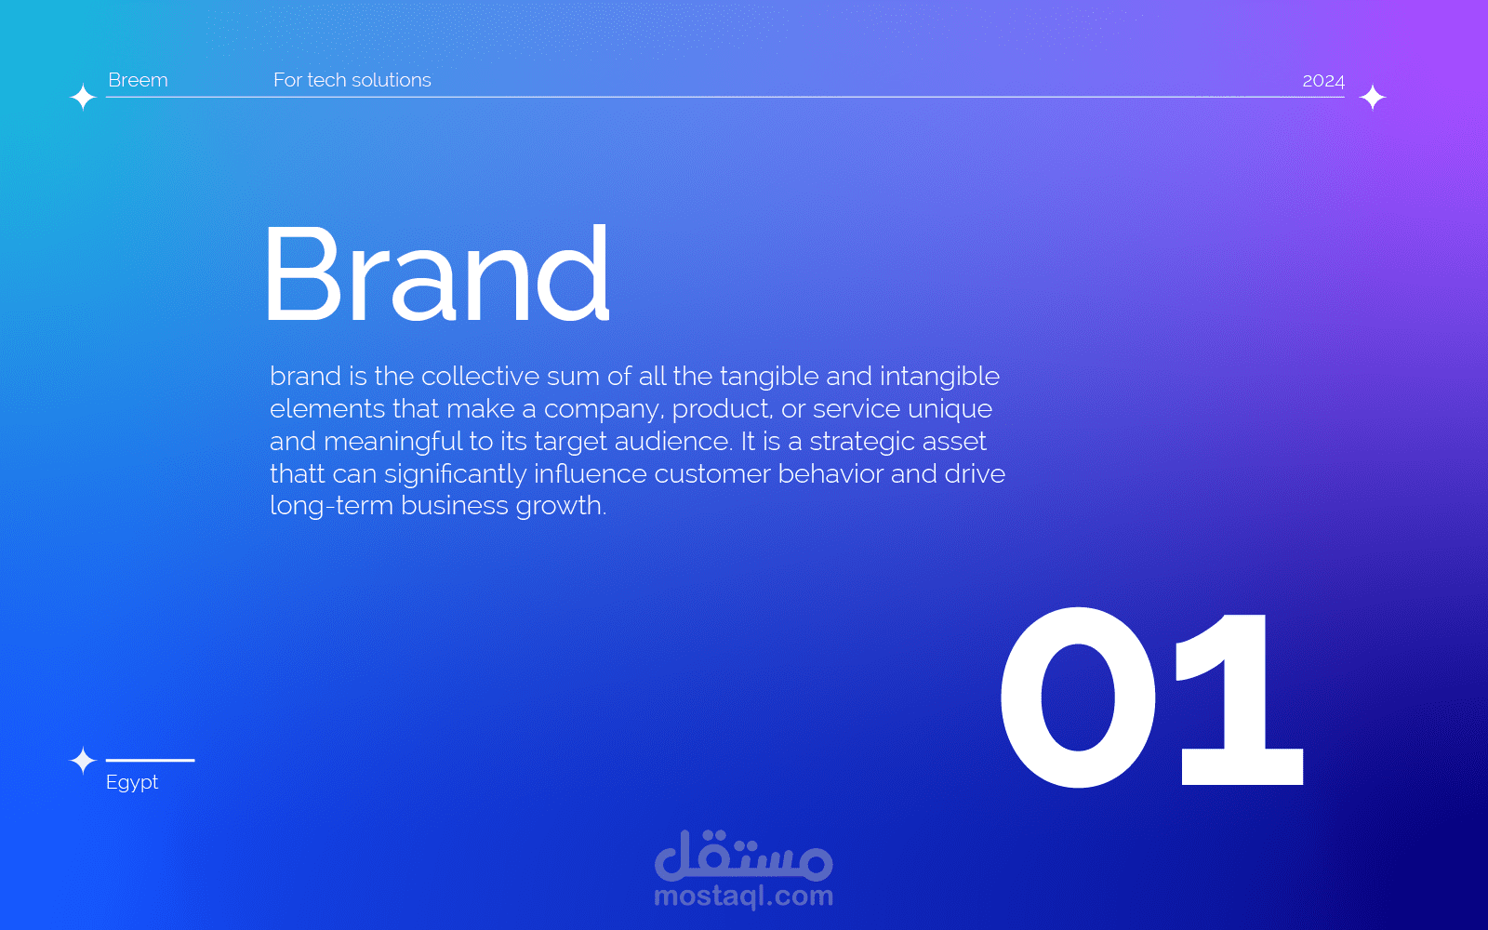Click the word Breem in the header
pos(138,80)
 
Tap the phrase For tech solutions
pos(352,80)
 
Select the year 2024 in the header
pos(1323,81)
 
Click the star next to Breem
pos(83,97)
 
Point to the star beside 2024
pos(1373,97)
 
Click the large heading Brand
pos(438,273)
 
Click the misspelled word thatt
pos(297,473)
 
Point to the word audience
pos(672,441)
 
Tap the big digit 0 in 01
pos(1078,697)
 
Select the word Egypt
pos(131,782)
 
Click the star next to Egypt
pos(83,760)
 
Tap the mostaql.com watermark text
pos(743,897)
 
